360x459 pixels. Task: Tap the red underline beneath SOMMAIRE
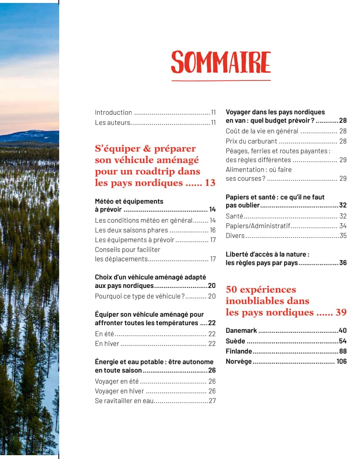(220, 80)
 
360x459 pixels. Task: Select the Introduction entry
(113, 113)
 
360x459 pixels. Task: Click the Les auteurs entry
(112, 123)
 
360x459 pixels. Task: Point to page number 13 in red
(210, 183)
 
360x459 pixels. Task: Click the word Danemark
(241, 331)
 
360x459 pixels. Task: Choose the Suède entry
(235, 341)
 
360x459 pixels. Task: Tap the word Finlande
(239, 351)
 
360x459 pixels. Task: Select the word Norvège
(239, 361)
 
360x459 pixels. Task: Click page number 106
(341, 361)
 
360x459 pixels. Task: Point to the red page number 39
(341, 312)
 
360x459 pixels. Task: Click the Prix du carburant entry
(251, 141)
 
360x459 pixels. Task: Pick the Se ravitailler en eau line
(124, 401)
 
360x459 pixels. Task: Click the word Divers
(235, 235)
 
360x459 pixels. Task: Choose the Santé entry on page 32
(234, 216)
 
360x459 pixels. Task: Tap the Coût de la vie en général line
(262, 131)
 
